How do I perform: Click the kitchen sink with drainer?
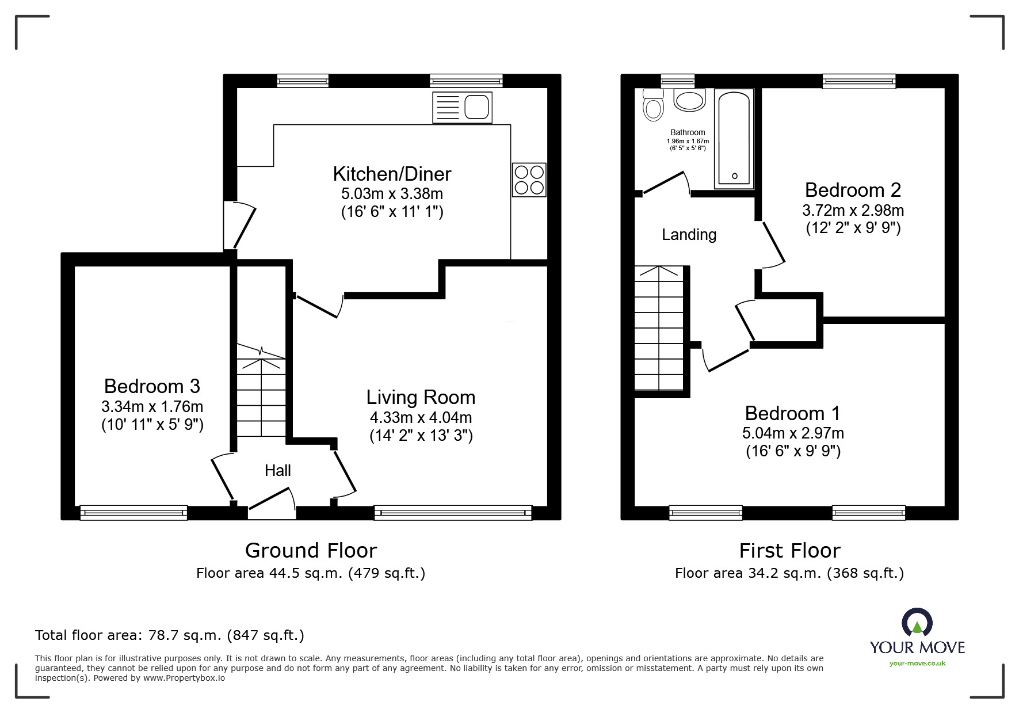pos(462,107)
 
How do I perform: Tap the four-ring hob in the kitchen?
pos(529,180)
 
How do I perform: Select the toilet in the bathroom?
pos(653,105)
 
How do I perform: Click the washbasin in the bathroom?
pos(689,100)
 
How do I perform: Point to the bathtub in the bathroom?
pos(734,139)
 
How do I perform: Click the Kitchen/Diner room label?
pos(392,174)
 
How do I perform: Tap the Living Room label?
pos(421,397)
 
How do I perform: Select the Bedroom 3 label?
pos(152,386)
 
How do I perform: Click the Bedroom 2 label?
pos(853,189)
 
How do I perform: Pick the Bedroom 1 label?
pos(792,413)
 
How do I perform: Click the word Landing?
pos(689,234)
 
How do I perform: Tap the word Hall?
pos(278,470)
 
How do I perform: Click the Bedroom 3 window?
pos(133,512)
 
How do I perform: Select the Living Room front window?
pos(453,512)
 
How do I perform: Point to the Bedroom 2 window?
pos(859,81)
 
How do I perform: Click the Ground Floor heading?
pos(311,551)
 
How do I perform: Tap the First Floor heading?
pos(789,551)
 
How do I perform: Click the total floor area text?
pos(170,635)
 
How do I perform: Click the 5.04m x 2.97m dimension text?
pos(793,433)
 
